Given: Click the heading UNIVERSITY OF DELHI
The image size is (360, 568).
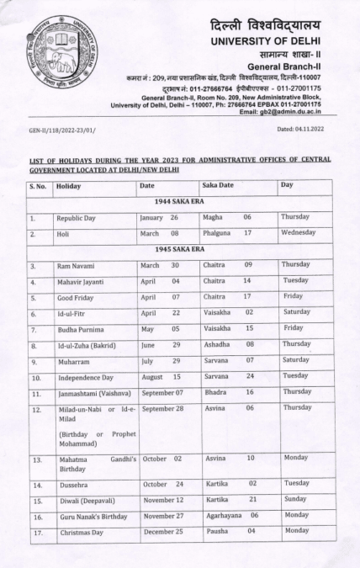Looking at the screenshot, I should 271,40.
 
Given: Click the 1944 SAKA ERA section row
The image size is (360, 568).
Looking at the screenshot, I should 180,201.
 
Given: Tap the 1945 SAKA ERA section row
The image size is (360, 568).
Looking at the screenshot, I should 180,250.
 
